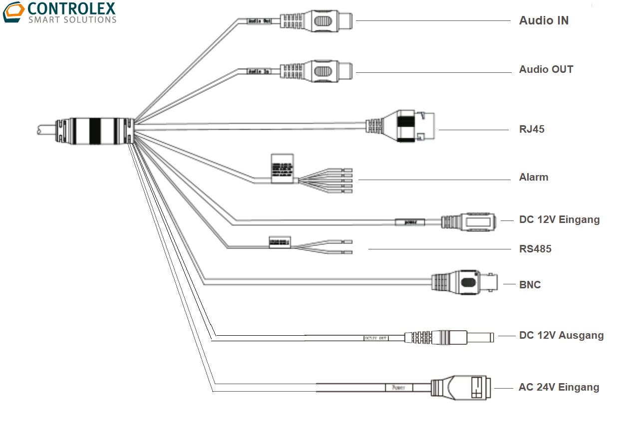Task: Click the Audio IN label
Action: tap(544, 20)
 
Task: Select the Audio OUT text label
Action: tap(546, 69)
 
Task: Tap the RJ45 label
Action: tap(532, 129)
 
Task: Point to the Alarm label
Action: tap(533, 177)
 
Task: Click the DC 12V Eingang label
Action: tap(559, 219)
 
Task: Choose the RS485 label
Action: tap(535, 249)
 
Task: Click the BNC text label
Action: tap(530, 285)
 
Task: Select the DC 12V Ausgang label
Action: tap(561, 335)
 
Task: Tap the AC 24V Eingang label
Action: tap(559, 387)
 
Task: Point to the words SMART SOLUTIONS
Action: tap(72, 20)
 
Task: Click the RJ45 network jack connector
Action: tap(409, 126)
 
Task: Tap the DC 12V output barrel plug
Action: tap(449, 337)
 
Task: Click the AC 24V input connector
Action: tap(462, 388)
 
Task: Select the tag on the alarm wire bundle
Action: tap(282, 169)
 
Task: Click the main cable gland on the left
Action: tap(95, 131)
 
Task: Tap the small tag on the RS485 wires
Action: tap(280, 242)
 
